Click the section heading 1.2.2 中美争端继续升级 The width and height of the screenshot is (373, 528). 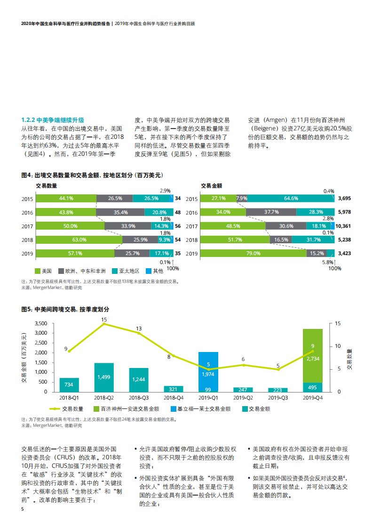(x=53, y=120)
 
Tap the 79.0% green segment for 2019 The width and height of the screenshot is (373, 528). (x=254, y=254)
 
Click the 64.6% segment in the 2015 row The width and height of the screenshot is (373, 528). (x=291, y=199)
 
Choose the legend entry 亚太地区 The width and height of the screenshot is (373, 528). (x=128, y=271)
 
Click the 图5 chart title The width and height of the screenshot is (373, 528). (x=65, y=309)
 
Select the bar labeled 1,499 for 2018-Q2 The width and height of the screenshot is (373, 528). (x=104, y=377)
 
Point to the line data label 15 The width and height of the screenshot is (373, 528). (x=104, y=320)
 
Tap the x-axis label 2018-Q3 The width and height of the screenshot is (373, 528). (x=139, y=398)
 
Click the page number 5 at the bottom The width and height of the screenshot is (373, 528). (x=22, y=509)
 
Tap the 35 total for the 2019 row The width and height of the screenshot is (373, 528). (x=177, y=254)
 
